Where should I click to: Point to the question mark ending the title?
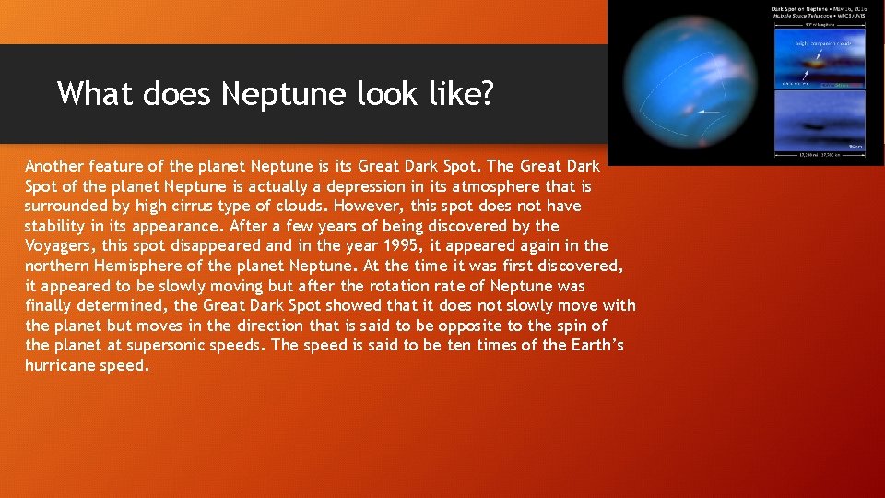485,93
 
